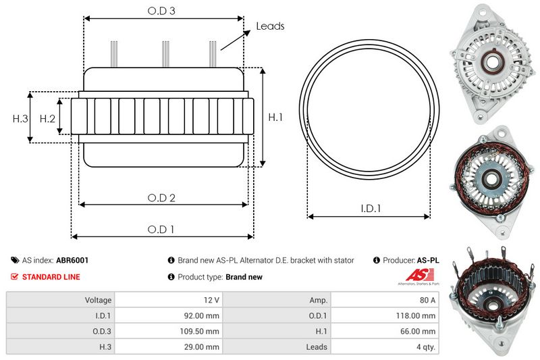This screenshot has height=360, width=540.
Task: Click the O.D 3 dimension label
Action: (x=162, y=11)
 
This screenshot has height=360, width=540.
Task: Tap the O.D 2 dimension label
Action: (x=162, y=197)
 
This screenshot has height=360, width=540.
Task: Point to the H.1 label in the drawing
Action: (x=275, y=118)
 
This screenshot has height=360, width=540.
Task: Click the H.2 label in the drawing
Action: (x=47, y=119)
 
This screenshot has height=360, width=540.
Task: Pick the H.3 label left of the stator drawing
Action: (x=20, y=119)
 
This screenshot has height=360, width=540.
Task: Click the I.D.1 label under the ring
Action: (x=369, y=209)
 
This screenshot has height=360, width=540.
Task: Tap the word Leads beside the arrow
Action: (x=270, y=26)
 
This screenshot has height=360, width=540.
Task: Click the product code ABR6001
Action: (x=72, y=260)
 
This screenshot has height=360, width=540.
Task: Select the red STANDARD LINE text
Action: (x=51, y=277)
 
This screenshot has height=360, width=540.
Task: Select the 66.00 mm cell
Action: (x=419, y=331)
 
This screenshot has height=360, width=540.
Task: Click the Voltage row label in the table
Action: (x=99, y=300)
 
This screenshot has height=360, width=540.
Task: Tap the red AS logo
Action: (x=414, y=276)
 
